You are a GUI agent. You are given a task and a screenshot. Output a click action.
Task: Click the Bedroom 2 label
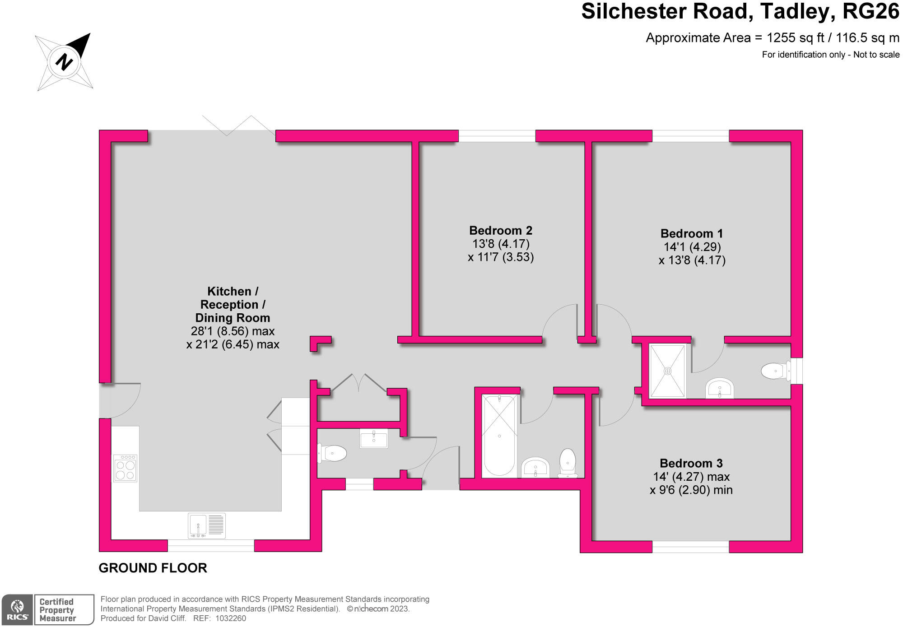pyautogui.click(x=501, y=231)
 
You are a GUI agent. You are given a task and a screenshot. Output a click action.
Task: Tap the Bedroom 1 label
pyautogui.click(x=691, y=234)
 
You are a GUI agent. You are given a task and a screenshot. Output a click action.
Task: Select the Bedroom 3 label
pyautogui.click(x=691, y=464)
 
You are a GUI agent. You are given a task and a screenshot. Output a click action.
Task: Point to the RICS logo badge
pyautogui.click(x=18, y=610)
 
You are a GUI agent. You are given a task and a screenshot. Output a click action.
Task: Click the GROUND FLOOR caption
pyautogui.click(x=153, y=568)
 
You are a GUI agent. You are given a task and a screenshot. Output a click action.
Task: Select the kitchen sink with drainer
pyautogui.click(x=207, y=525)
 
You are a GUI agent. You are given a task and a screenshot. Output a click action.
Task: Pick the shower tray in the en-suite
pyautogui.click(x=667, y=371)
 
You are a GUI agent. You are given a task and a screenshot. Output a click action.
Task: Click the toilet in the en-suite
pyautogui.click(x=775, y=372)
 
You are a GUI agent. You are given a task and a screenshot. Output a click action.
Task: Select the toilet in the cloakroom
pyautogui.click(x=333, y=453)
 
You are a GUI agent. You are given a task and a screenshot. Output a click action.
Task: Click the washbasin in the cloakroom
pyautogui.click(x=373, y=438)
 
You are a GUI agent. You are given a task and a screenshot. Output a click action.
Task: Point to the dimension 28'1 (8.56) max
pyautogui.click(x=233, y=331)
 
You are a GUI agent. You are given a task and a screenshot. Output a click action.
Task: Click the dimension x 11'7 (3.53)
pyautogui.click(x=501, y=257)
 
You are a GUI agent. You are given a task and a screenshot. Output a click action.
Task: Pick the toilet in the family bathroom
pyautogui.click(x=568, y=461)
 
